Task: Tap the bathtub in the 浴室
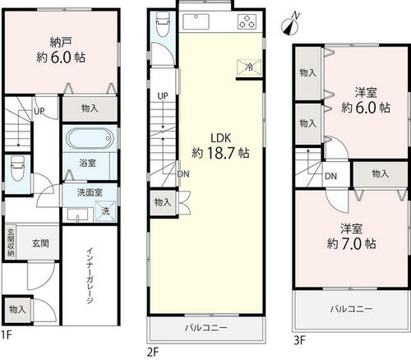click(x=90, y=138)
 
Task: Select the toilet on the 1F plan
click(x=17, y=170)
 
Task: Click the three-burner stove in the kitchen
click(x=247, y=21)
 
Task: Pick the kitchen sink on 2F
click(x=196, y=21)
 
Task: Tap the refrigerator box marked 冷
click(x=249, y=67)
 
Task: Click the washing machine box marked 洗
click(x=105, y=211)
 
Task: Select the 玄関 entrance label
click(x=41, y=243)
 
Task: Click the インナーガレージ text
click(x=90, y=276)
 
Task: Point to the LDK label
click(x=221, y=138)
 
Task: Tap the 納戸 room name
click(x=61, y=42)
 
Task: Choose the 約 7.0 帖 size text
click(x=351, y=243)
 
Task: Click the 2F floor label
click(x=153, y=352)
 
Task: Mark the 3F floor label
click(x=300, y=340)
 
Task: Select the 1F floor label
click(x=7, y=335)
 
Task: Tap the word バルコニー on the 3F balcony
click(x=351, y=309)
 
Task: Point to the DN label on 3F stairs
click(x=330, y=176)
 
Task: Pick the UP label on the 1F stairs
click(x=39, y=111)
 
